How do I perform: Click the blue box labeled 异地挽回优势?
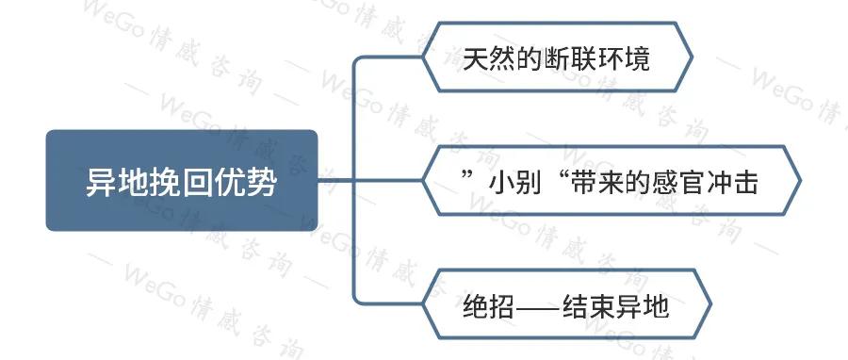pos(181,180)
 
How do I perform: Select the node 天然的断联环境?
pos(557,59)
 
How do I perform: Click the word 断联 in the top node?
pos(568,59)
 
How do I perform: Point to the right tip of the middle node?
pos(799,180)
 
